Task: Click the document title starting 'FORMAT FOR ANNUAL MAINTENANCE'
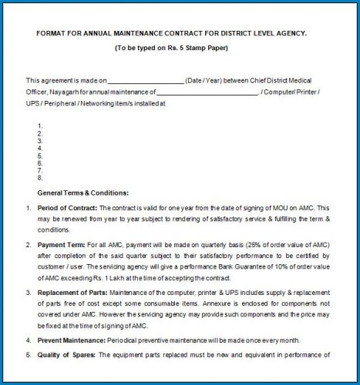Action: (x=171, y=33)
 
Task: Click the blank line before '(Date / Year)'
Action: (x=145, y=81)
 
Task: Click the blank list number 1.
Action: (x=39, y=126)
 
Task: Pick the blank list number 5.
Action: (x=39, y=156)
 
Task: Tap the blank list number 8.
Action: (x=39, y=179)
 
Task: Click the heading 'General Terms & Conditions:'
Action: (x=82, y=192)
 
